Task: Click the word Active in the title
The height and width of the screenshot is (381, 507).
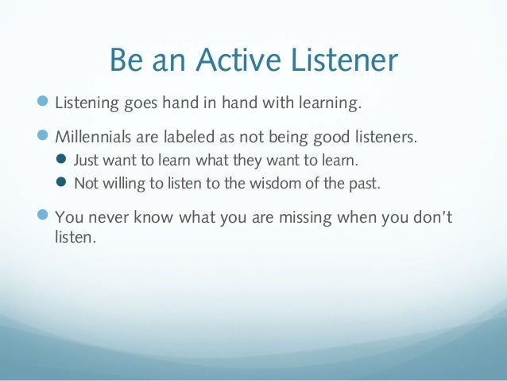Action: [238, 60]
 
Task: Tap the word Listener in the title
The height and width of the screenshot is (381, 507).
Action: [344, 60]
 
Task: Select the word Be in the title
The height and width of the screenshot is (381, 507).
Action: [126, 60]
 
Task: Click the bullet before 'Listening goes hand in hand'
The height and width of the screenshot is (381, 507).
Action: [43, 101]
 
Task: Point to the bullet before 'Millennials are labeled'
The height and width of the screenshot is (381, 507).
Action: [43, 135]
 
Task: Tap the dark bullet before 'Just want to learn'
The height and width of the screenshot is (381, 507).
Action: [60, 159]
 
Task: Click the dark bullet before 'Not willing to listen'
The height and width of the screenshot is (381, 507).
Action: [60, 182]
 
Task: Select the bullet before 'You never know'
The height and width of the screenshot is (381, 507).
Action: [43, 215]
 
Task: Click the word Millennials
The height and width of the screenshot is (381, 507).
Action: [93, 137]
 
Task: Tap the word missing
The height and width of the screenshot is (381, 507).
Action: [305, 218]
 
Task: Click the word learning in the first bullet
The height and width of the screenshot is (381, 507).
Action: [330, 103]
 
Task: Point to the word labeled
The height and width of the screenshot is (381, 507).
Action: [189, 137]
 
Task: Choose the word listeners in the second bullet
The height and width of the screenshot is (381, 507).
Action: [386, 137]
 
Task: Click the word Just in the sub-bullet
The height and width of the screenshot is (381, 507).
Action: [86, 160]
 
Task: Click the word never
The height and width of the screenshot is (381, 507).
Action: [107, 217]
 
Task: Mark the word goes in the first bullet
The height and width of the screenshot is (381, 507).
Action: [141, 104]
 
